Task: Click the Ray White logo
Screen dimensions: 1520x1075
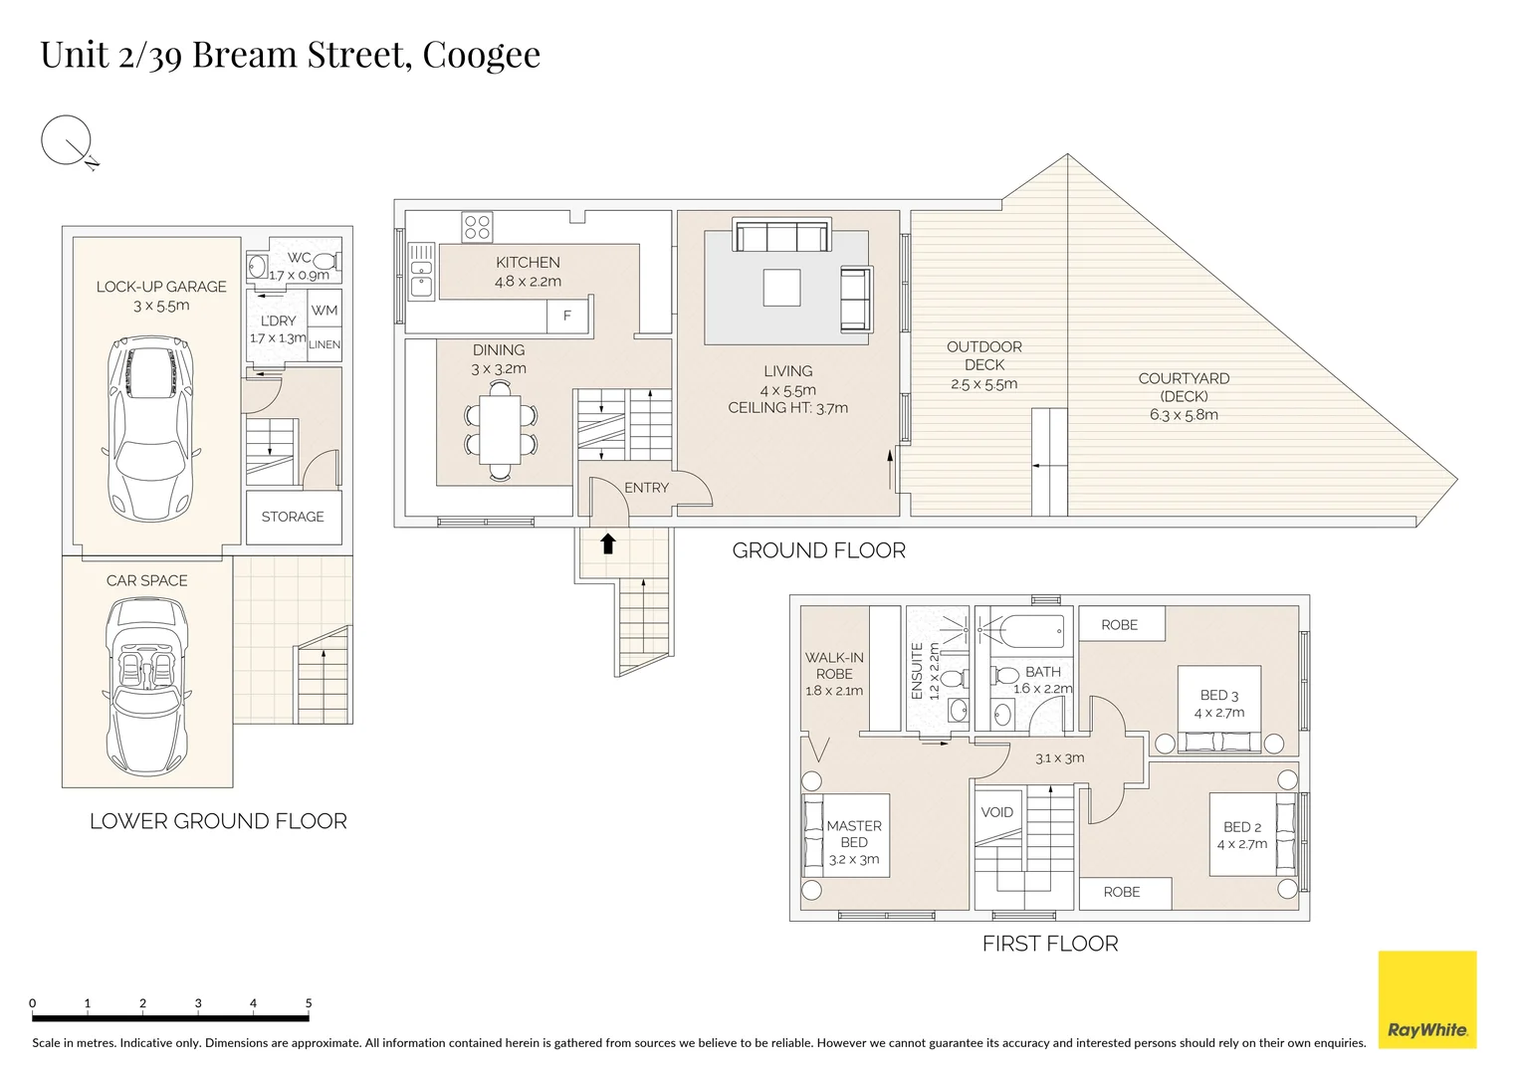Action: [1427, 999]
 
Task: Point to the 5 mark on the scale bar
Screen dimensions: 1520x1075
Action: [308, 1002]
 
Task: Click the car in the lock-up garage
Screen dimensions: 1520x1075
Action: [150, 428]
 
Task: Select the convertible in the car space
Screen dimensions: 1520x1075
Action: [145, 686]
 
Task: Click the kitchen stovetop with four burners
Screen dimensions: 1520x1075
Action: [477, 227]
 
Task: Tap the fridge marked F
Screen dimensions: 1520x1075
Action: [567, 316]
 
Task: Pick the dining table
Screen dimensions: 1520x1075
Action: [500, 430]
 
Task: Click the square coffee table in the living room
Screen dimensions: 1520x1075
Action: [781, 288]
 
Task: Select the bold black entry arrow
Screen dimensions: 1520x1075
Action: [608, 543]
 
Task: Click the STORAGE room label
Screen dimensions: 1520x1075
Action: [293, 517]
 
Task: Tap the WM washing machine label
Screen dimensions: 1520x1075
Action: [325, 311]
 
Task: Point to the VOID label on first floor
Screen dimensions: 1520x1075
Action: [996, 811]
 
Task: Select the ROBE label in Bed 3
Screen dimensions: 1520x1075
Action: [1119, 624]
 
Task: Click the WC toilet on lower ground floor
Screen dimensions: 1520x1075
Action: [326, 261]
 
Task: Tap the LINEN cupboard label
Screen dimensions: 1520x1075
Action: [325, 344]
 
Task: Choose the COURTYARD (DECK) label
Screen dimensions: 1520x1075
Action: [1185, 387]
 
